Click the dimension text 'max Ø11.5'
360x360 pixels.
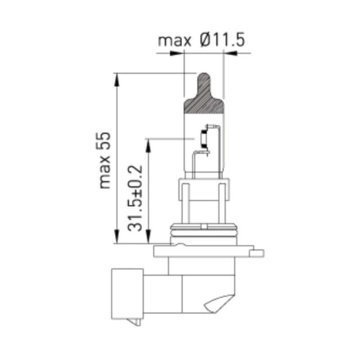201,40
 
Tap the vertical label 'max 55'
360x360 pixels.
104,160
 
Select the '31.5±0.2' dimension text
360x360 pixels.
135,198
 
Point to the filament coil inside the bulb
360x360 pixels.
203,139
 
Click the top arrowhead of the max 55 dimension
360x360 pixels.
117,79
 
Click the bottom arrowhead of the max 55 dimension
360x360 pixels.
117,238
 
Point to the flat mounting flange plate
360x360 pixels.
207,251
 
